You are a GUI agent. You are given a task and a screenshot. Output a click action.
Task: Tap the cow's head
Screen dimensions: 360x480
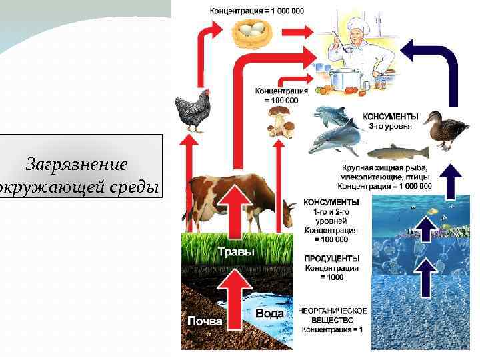(x=287, y=215)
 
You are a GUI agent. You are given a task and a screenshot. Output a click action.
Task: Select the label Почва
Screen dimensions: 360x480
(x=205, y=321)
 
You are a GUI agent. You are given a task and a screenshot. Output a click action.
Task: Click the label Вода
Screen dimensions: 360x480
(x=270, y=313)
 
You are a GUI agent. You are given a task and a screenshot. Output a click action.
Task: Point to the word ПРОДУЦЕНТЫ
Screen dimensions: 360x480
(x=332, y=258)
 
